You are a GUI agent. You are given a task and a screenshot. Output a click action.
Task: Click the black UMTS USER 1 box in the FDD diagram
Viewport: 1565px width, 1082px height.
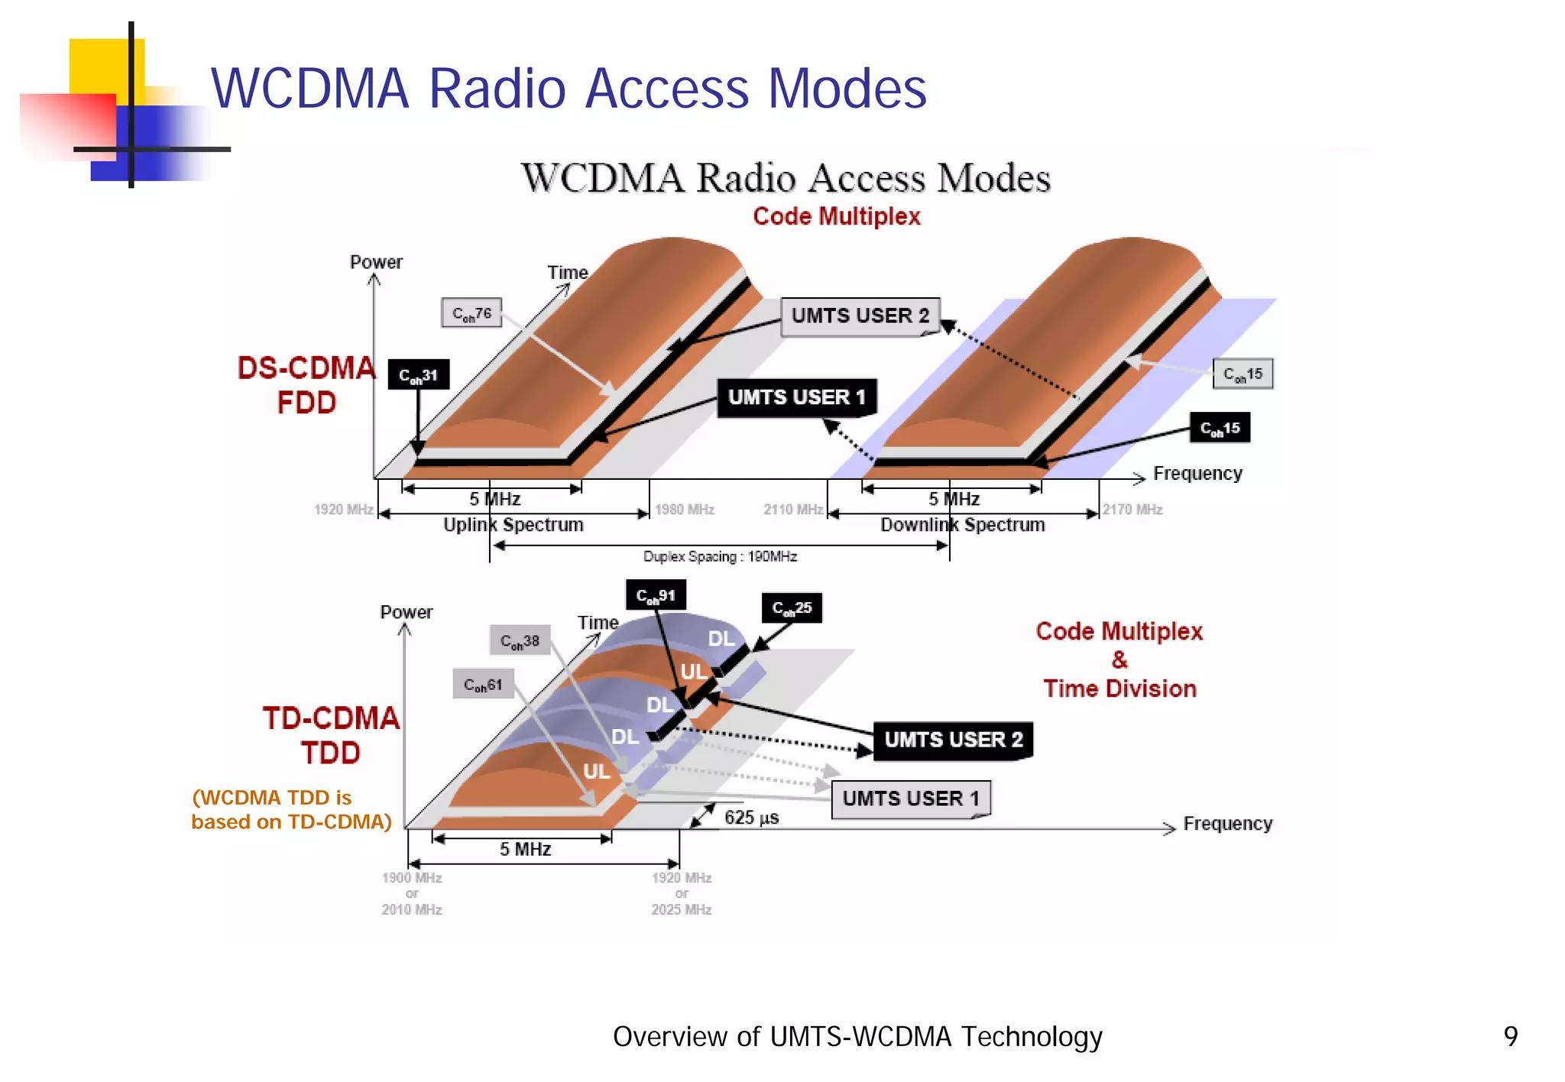point(796,397)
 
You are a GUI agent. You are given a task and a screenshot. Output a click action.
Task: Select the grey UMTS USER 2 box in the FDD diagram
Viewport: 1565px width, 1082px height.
point(860,316)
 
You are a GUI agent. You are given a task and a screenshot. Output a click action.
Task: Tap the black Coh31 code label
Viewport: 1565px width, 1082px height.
point(418,375)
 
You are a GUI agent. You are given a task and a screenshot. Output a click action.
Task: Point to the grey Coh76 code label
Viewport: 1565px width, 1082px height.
point(471,313)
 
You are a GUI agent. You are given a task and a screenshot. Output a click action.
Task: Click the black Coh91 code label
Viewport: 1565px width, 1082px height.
point(656,595)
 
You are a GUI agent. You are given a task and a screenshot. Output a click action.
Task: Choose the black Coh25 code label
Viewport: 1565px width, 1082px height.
point(792,608)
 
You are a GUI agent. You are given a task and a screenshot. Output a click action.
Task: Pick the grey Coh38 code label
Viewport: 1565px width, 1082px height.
point(520,641)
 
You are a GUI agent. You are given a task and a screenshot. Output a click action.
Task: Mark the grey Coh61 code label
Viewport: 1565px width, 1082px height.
point(483,685)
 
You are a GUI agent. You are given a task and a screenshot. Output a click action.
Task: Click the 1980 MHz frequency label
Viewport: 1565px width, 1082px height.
point(685,510)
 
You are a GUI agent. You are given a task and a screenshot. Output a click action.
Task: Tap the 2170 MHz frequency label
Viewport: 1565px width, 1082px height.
point(1132,510)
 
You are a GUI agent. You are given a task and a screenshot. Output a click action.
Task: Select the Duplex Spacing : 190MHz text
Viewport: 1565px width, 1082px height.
point(720,557)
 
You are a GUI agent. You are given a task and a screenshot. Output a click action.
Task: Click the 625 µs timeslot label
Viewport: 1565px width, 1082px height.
point(751,818)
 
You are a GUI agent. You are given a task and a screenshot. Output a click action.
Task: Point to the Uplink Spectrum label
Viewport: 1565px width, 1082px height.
point(514,525)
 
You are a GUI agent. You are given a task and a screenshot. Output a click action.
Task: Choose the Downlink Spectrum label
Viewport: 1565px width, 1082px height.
point(962,525)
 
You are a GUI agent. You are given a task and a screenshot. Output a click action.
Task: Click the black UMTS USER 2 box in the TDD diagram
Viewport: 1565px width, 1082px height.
point(953,740)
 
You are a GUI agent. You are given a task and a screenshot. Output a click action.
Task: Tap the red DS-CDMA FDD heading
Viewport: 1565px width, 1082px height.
point(306,385)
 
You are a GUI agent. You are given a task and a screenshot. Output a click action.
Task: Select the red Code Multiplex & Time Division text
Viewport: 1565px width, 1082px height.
point(1119,659)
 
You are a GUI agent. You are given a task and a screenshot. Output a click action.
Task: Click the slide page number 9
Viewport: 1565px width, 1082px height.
point(1510,1036)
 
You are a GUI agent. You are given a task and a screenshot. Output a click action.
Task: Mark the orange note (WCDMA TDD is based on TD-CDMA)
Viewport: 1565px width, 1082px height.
point(290,810)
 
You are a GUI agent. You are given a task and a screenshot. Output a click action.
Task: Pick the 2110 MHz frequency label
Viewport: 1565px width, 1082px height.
point(793,510)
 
